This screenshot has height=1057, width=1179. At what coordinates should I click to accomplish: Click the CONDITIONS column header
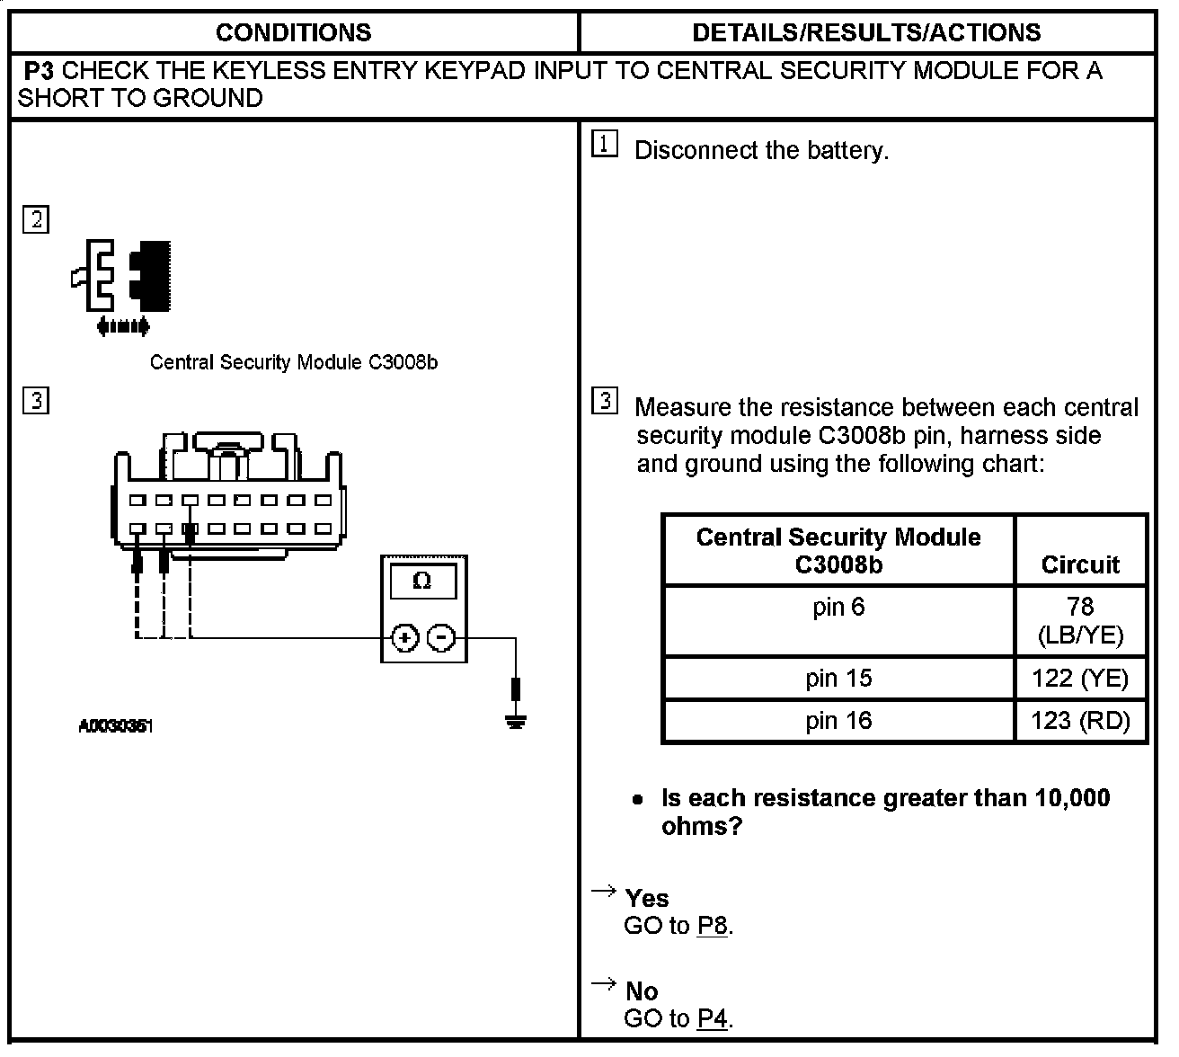[x=293, y=33]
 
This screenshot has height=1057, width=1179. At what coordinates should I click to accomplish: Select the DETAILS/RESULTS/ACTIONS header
[x=866, y=33]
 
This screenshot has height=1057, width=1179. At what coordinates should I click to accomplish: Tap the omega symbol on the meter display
[x=421, y=582]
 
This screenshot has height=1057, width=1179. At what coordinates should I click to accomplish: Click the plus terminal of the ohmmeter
[x=405, y=638]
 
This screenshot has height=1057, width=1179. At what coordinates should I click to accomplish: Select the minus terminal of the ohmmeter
[x=440, y=638]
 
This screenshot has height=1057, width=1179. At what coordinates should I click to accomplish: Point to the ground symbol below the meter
[x=515, y=720]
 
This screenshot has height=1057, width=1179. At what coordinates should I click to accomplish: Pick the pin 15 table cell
[x=838, y=678]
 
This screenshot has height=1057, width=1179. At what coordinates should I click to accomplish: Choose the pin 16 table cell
[x=838, y=721]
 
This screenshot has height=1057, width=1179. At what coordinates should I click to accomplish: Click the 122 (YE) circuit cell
[x=1080, y=678]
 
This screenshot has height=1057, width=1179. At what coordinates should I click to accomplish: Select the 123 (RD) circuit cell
[x=1080, y=721]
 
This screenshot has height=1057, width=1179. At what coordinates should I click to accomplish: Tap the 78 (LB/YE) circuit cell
[x=1080, y=621]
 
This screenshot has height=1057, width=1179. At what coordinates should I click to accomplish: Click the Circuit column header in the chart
[x=1080, y=564]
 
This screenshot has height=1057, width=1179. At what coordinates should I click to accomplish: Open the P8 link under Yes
[x=713, y=926]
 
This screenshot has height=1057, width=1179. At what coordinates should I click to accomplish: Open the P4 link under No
[x=713, y=1018]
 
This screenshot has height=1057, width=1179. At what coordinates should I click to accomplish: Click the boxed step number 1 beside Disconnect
[x=606, y=144]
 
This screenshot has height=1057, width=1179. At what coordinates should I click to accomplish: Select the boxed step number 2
[x=36, y=219]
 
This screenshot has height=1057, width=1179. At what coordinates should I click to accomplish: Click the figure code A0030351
[x=116, y=726]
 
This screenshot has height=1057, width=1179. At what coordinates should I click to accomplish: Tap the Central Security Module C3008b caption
[x=293, y=362]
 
